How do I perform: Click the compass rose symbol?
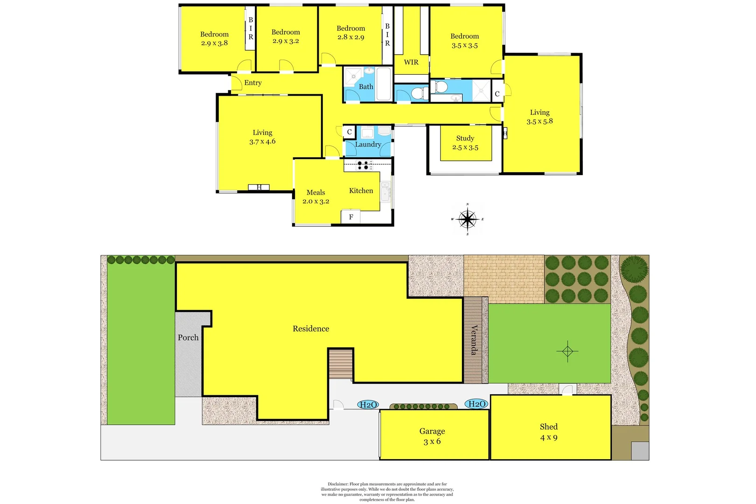point(467,219)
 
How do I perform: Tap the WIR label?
point(411,62)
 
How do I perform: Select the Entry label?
point(253,83)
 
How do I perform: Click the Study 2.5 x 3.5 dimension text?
point(465,147)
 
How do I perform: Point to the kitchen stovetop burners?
point(364,165)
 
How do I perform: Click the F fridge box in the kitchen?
point(351,217)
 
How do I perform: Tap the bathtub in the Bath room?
point(384,84)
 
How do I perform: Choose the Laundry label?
point(368,145)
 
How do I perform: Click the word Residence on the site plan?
point(311,329)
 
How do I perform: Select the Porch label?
point(188,337)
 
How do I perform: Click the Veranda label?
point(474,340)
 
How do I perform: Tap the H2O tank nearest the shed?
point(477,404)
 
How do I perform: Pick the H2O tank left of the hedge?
point(368,405)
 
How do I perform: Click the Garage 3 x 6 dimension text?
point(432,441)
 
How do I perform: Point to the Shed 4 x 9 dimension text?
point(549,437)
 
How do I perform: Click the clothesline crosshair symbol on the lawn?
point(567,351)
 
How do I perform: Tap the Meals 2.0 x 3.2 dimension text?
point(316,202)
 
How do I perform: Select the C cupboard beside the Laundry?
point(349,132)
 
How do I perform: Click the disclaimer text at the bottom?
point(387,492)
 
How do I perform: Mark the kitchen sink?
point(385,191)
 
